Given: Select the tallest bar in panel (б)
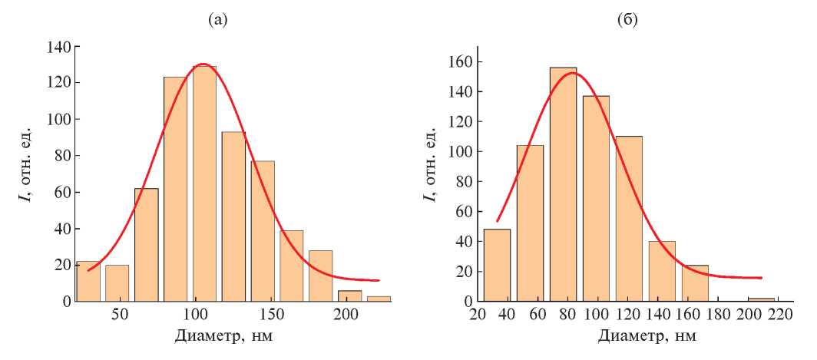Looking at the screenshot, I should [x=563, y=184].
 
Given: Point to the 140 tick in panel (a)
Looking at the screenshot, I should [x=61, y=47].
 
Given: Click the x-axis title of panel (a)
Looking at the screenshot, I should [x=223, y=336].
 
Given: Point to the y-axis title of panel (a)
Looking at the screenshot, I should [x=25, y=173].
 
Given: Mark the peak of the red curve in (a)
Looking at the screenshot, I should [x=203, y=64].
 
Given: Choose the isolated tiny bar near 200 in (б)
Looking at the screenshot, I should [x=762, y=299].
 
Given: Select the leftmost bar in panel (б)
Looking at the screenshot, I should [x=497, y=265].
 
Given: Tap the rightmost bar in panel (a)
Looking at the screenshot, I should [x=379, y=299].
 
